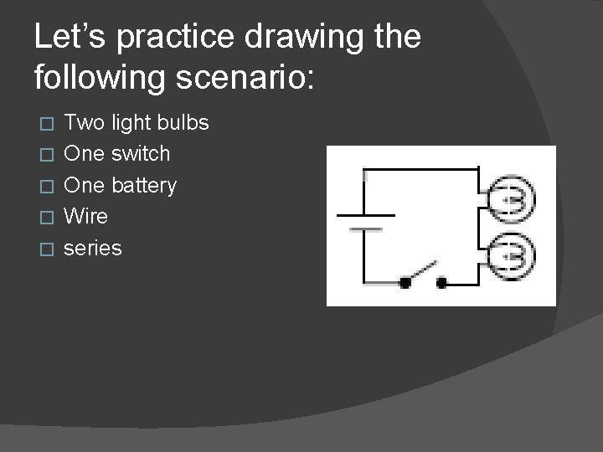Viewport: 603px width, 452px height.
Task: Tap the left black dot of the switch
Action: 405,282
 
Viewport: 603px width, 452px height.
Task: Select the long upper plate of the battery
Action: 365,215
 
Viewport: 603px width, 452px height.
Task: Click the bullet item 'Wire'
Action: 86,216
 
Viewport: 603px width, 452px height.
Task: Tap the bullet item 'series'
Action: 93,248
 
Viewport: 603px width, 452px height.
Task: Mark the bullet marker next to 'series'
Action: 47,249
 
